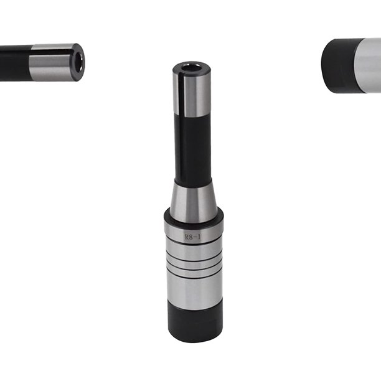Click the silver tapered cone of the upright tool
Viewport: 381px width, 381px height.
(194, 202)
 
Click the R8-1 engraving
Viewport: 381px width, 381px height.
(193, 237)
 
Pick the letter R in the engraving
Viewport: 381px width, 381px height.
(187, 237)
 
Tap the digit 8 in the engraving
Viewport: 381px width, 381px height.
(192, 237)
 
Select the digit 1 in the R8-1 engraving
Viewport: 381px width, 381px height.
(199, 237)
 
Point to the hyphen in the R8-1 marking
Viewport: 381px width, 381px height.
(195, 237)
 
